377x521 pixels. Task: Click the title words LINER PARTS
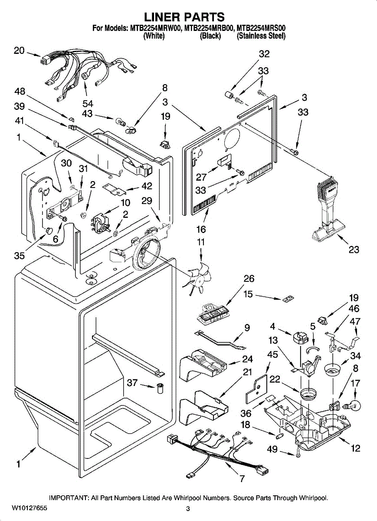[184, 17]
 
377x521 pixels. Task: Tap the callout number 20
[19, 50]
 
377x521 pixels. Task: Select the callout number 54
[88, 103]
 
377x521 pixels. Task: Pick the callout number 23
[354, 250]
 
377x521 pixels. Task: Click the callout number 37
[132, 383]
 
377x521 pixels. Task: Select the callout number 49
[272, 449]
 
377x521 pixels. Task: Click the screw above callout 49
[298, 453]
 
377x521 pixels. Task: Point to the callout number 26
[249, 279]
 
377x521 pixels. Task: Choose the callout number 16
[201, 230]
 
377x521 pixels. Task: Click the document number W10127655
[30, 508]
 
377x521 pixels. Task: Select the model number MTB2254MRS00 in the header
[261, 29]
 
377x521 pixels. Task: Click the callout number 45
[272, 354]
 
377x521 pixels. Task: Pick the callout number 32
[264, 54]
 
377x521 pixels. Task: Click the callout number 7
[242, 479]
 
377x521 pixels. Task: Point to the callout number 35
[19, 256]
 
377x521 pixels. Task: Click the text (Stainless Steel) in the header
[261, 36]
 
